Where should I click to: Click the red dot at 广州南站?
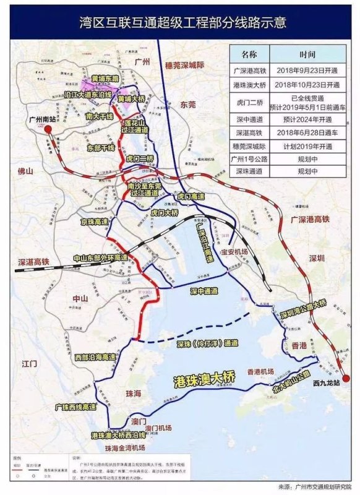(x=47, y=129)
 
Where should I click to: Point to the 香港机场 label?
(x=260, y=372)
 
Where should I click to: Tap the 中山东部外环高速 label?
(x=100, y=257)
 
